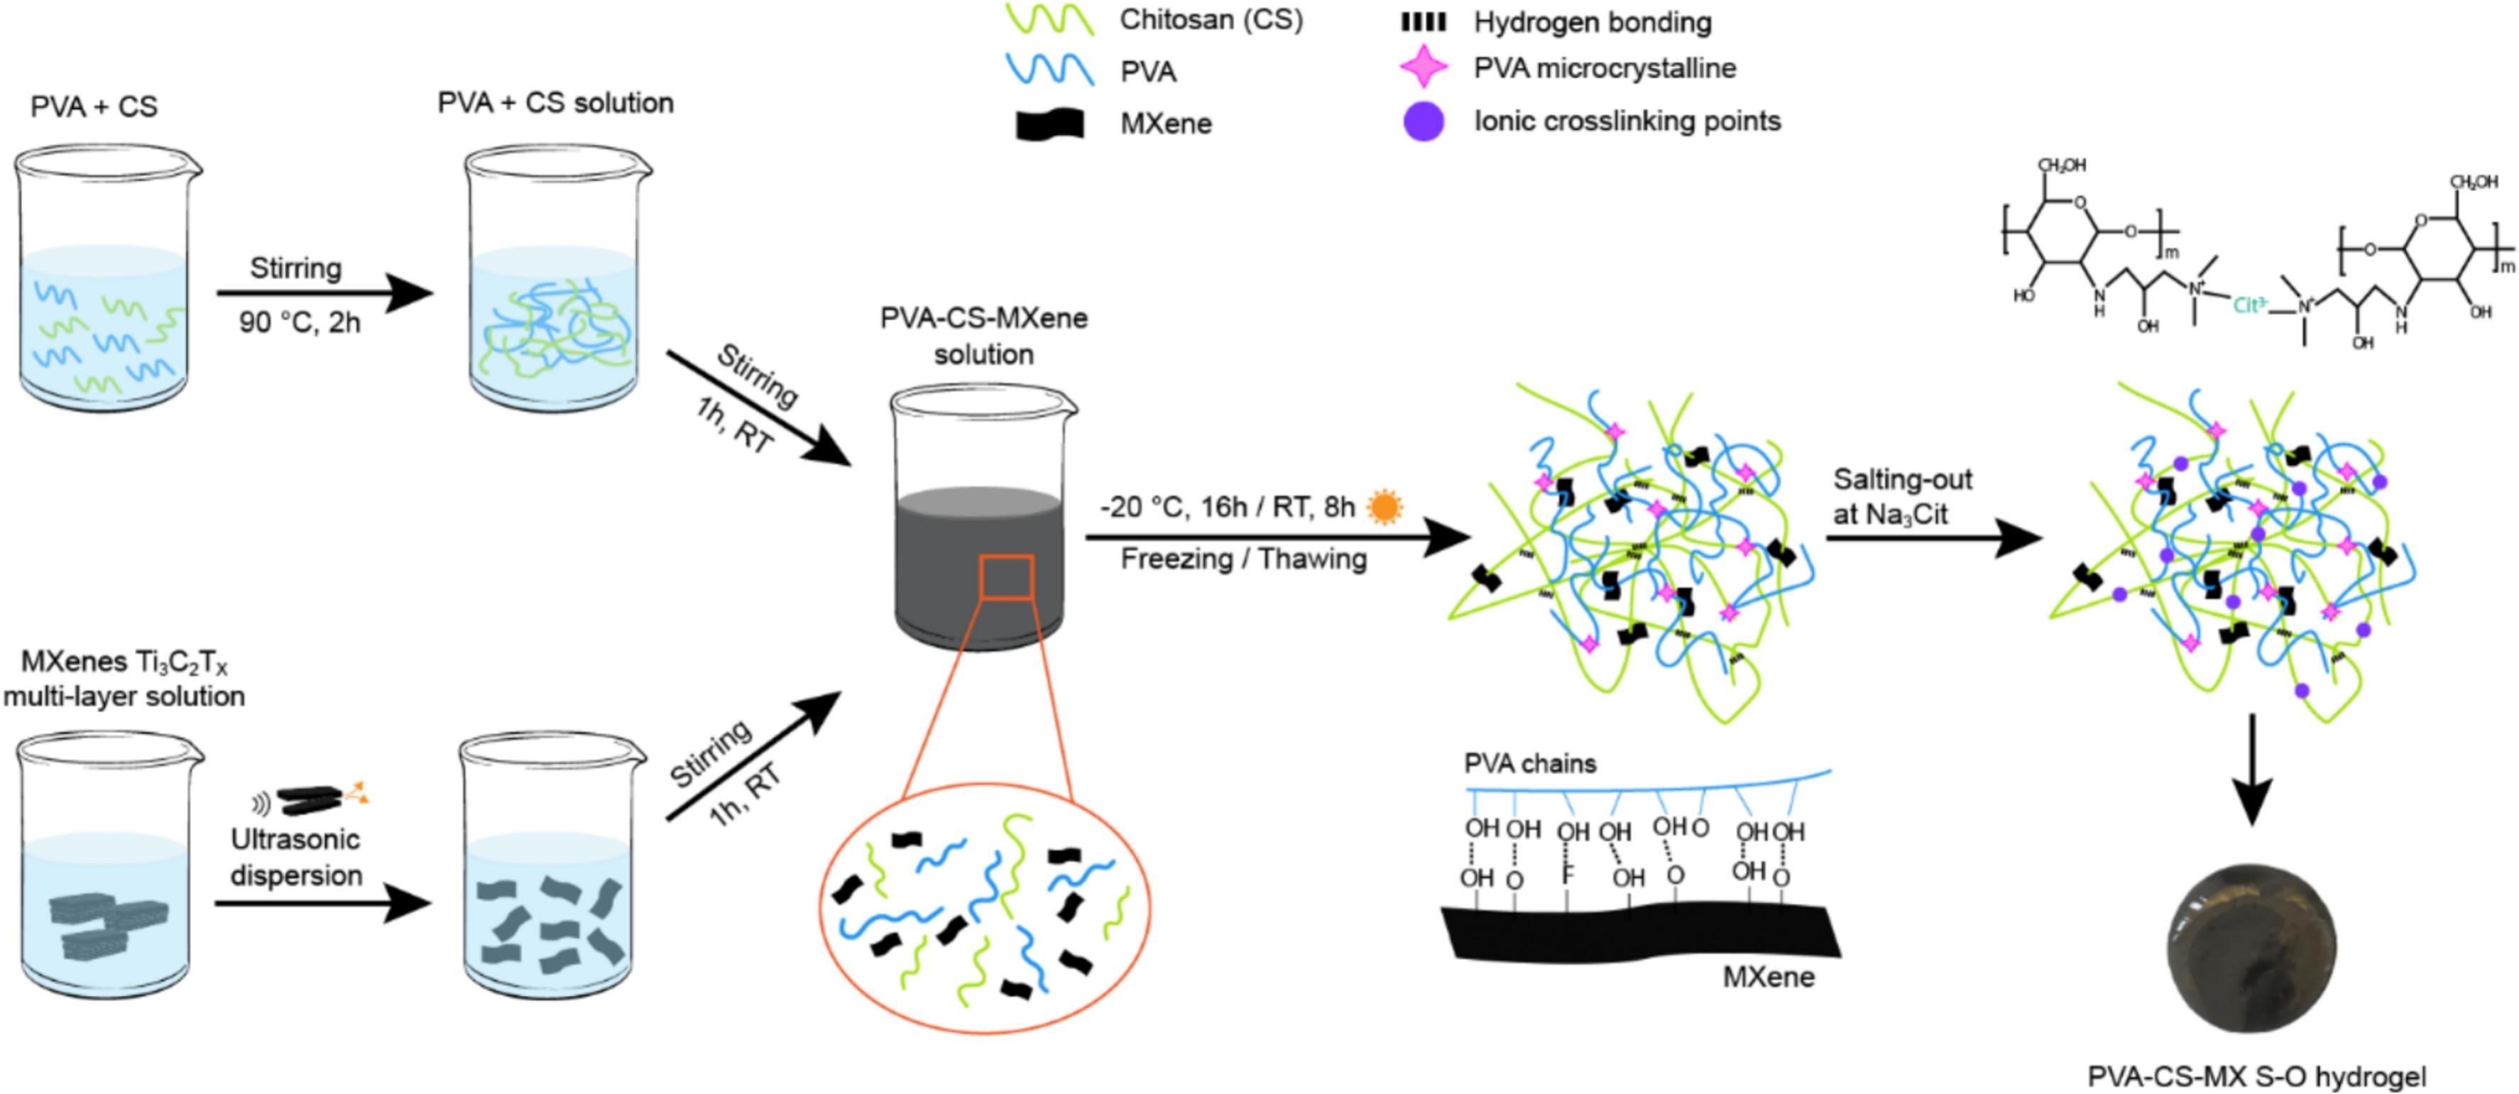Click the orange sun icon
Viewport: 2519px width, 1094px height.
(x=1384, y=508)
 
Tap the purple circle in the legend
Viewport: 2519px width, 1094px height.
(x=1423, y=122)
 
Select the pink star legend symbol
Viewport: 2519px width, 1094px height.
(x=1424, y=68)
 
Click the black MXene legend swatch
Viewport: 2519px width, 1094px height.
(x=1049, y=124)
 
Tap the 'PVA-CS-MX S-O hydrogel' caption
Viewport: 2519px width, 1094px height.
(x=2257, y=1076)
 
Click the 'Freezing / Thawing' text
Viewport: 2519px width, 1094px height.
(x=1243, y=559)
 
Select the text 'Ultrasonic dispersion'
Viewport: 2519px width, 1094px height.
(x=296, y=858)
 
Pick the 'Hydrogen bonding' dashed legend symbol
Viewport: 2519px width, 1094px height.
(x=1424, y=21)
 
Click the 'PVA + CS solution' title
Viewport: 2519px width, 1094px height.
(x=555, y=103)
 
